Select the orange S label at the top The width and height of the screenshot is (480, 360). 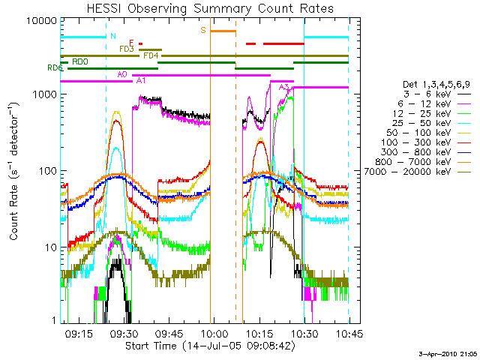click(203, 31)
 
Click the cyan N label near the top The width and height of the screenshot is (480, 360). click(112, 36)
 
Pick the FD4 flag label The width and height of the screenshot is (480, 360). click(151, 55)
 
